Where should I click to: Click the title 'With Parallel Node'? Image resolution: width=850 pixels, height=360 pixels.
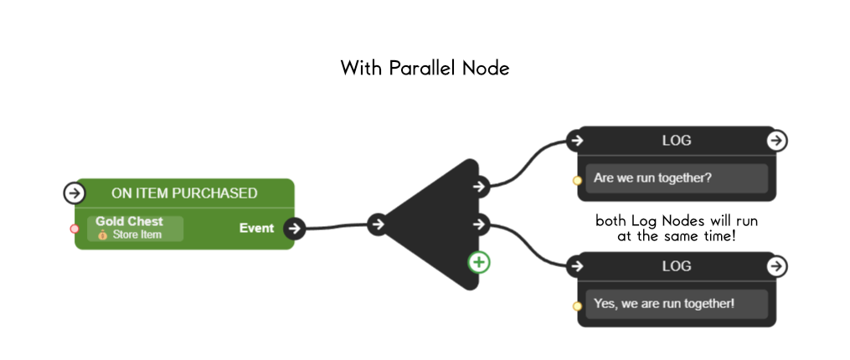click(x=425, y=69)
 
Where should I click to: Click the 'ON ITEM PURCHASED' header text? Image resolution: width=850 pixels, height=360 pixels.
click(x=184, y=193)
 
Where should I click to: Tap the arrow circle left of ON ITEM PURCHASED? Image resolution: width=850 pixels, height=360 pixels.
click(x=75, y=193)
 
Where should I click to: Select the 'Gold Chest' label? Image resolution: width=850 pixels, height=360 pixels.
click(x=129, y=222)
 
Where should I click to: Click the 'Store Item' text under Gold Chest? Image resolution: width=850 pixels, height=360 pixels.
click(x=137, y=234)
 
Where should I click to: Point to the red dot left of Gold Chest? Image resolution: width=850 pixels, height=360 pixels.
click(x=75, y=229)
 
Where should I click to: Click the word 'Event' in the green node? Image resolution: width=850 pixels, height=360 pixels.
click(x=256, y=228)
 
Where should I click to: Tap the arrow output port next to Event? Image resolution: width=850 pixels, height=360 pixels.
click(x=293, y=228)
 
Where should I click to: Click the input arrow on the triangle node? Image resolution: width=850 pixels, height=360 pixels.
click(x=378, y=224)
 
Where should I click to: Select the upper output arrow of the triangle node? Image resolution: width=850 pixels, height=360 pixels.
click(x=479, y=186)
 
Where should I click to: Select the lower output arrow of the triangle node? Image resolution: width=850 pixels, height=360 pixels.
click(x=479, y=224)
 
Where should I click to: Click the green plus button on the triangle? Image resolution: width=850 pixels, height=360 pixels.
click(x=479, y=262)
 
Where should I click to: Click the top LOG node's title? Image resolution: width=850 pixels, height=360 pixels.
click(x=676, y=141)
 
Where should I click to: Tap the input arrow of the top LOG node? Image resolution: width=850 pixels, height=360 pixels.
click(x=575, y=141)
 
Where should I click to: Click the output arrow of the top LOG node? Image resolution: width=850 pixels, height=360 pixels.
click(x=776, y=141)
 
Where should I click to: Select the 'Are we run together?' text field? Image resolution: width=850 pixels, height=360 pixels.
click(x=676, y=178)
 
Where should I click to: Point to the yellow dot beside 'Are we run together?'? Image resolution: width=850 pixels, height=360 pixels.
click(x=577, y=181)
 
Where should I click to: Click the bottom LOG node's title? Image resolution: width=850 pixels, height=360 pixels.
click(x=676, y=266)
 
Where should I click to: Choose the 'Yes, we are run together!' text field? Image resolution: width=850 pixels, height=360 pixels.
click(x=676, y=303)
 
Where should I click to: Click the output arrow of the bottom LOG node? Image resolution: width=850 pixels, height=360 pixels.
click(x=776, y=266)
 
